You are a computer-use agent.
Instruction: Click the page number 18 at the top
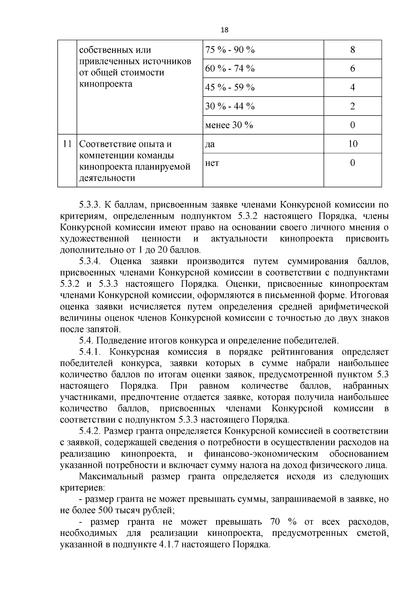point(225,30)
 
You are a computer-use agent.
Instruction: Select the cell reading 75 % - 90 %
point(230,50)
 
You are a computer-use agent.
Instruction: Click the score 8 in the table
point(352,50)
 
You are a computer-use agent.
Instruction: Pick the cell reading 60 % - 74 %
point(230,68)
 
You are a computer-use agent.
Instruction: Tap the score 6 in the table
point(352,68)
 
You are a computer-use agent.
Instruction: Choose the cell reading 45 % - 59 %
point(230,87)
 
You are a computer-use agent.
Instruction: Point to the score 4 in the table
point(352,87)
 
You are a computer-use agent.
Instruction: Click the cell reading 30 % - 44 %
point(230,106)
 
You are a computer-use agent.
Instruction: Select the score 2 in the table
point(352,106)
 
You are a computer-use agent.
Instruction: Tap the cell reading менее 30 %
point(229,125)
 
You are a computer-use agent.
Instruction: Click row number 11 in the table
point(67,144)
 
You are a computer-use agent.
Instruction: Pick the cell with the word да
point(210,144)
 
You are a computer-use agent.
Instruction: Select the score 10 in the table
point(353,144)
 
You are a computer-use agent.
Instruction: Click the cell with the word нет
point(212,163)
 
